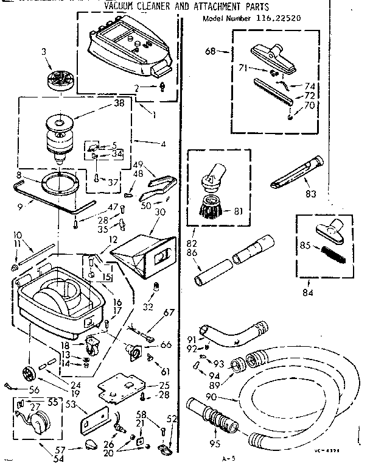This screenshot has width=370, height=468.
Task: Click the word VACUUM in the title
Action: [120, 6]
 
